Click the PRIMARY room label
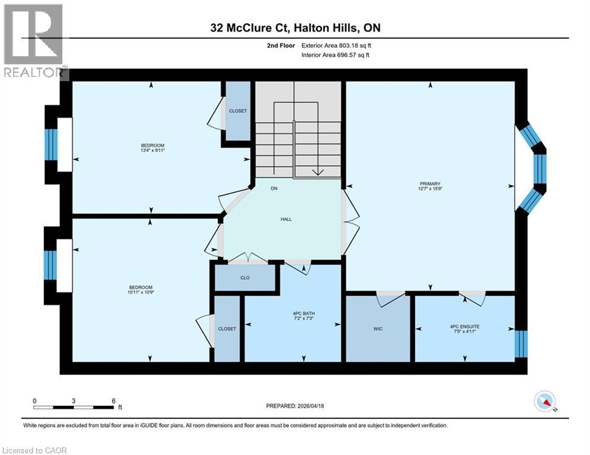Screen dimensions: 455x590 [430, 184]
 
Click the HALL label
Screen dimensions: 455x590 [286, 219]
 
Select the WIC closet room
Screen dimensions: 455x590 [378, 328]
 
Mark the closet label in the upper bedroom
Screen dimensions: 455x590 [238, 111]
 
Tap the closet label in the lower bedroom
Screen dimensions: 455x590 [227, 329]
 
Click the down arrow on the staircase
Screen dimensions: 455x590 [317, 172]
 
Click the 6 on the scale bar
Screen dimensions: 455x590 [113, 400]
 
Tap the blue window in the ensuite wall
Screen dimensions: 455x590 [521, 344]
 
